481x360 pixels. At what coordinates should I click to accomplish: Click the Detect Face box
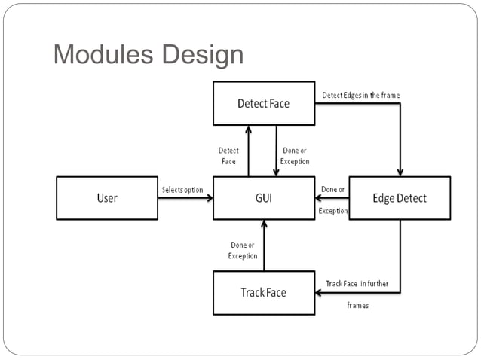263,103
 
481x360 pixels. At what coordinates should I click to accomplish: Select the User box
107,198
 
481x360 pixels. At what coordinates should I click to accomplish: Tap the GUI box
263,198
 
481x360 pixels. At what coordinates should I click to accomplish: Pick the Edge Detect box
400,198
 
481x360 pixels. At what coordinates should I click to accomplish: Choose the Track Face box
263,292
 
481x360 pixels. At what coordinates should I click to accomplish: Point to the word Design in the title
201,55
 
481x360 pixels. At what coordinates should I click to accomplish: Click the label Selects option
182,190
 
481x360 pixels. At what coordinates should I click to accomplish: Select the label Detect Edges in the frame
360,96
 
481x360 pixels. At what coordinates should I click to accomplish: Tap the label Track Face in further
357,284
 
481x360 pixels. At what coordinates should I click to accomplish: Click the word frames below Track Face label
357,306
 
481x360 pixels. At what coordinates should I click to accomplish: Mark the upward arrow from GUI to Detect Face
249,151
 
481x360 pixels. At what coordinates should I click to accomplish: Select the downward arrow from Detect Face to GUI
277,151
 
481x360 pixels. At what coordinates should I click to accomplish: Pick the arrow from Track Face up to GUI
263,245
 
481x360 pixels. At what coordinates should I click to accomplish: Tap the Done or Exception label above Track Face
243,251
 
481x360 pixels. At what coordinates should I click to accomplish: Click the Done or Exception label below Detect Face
295,156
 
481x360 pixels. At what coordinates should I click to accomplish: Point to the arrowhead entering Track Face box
320,293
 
